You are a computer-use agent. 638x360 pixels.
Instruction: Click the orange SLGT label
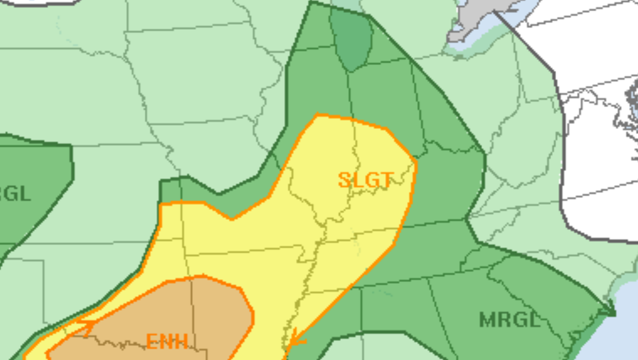(365, 180)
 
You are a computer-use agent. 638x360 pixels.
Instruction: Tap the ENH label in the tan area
(167, 341)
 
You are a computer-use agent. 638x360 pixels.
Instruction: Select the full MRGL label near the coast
(510, 320)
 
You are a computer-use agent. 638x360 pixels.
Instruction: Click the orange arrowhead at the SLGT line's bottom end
(294, 339)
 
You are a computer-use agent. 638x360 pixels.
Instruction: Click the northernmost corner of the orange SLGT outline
(317, 115)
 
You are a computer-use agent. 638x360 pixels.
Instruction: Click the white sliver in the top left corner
(34, 1)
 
